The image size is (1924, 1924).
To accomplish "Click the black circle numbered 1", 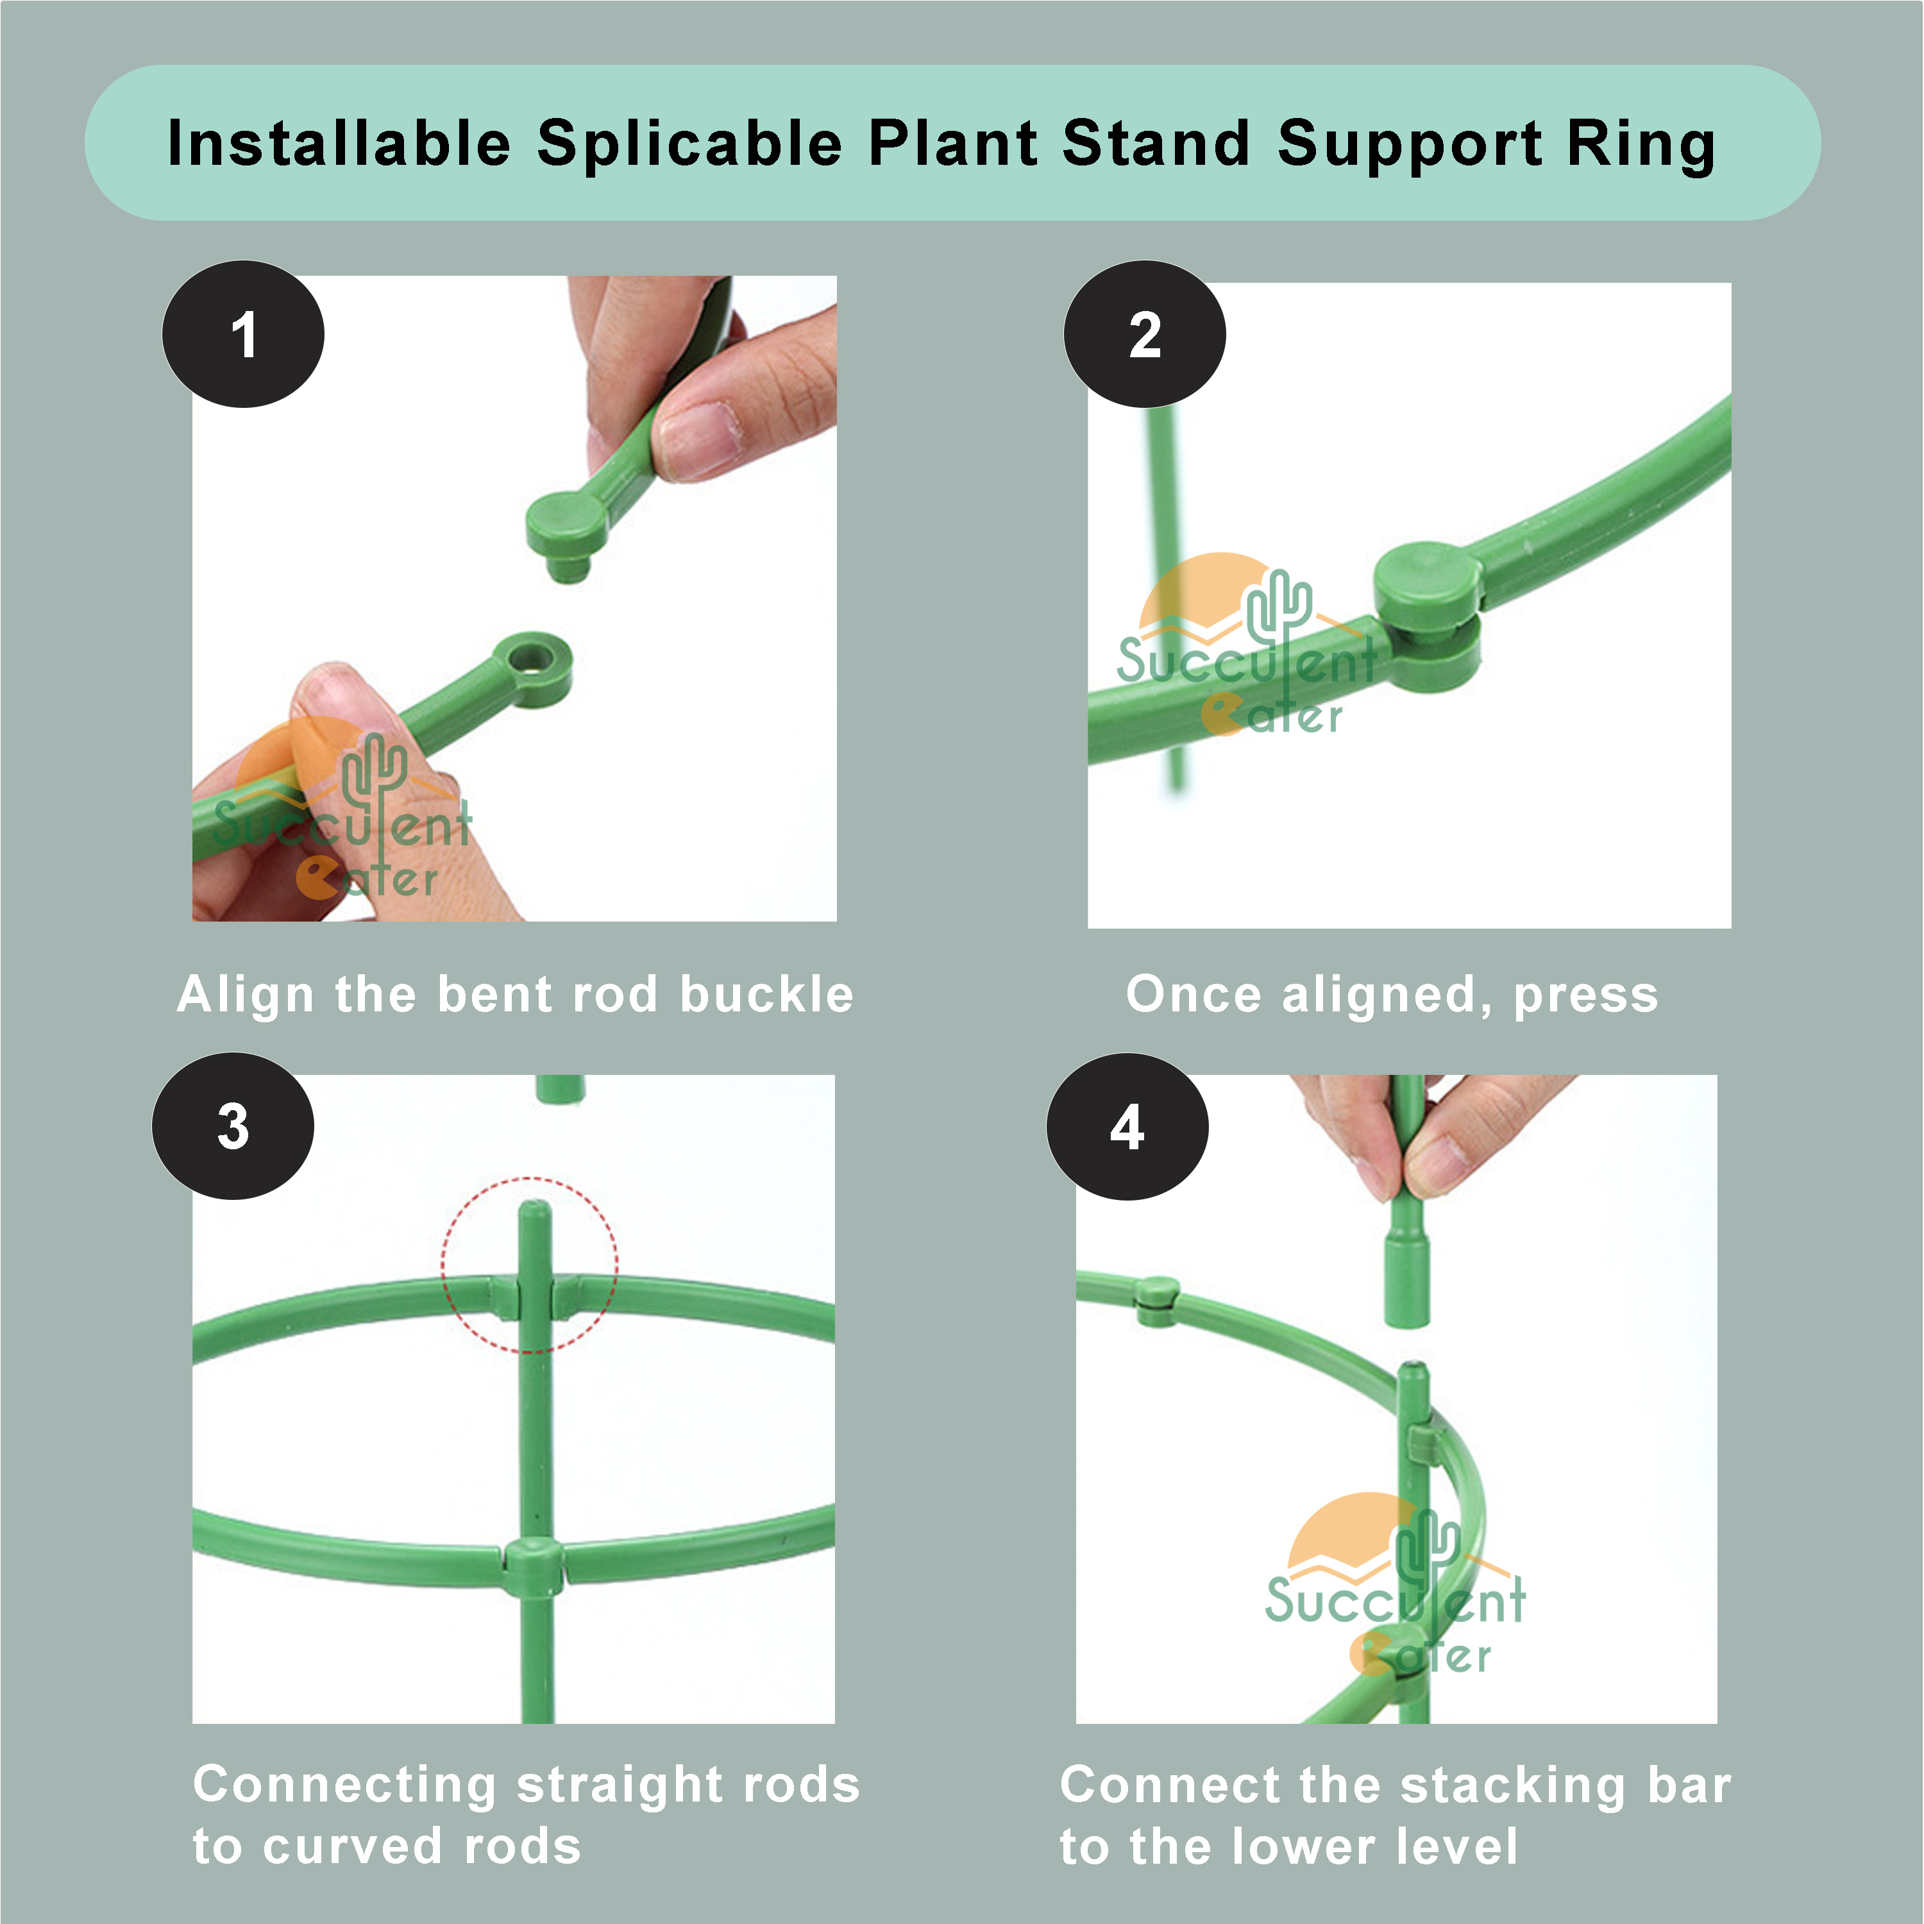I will [x=243, y=335].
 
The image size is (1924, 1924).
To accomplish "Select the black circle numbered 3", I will [x=233, y=1126].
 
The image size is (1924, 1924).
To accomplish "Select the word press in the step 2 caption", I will [x=1585, y=994].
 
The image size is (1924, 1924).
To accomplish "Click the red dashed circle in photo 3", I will [x=530, y=1265].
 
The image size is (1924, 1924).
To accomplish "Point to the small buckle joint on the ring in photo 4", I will [x=1156, y=1299].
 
